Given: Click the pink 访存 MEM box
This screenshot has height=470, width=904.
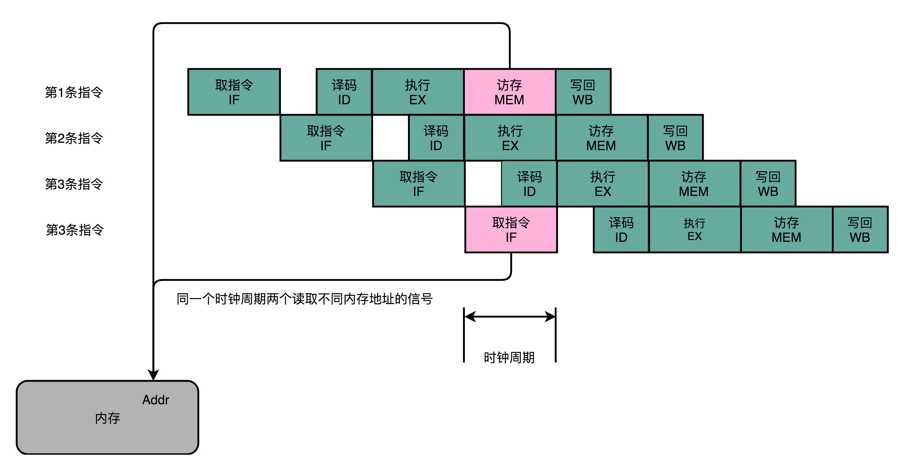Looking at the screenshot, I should point(509,92).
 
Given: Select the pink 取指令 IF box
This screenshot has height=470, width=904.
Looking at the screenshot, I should point(511,230).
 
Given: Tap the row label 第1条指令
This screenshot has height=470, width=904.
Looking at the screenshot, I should point(74,92).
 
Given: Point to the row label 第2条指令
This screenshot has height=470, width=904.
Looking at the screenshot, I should point(74,138).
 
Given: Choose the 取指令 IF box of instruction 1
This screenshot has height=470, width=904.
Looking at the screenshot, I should point(234,92).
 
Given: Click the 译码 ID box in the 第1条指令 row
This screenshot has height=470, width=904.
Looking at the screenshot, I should point(344,92).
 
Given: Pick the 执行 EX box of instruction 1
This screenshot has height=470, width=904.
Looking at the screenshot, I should point(418,92).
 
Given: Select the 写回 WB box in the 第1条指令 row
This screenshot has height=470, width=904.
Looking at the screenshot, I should point(583,92).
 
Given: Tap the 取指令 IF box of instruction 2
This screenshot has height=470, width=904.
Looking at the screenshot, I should point(326,138).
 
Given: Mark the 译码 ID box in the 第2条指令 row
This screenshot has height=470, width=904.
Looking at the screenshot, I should point(436,138).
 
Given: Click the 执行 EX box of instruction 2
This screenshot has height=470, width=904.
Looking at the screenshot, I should point(510,138).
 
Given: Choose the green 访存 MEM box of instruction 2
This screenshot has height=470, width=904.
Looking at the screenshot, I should point(602,138).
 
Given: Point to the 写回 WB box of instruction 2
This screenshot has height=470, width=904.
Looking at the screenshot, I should point(676,138).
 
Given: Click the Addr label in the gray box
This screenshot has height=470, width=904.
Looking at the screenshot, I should point(155,400).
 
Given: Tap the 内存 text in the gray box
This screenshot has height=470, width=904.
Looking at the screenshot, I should point(108,418).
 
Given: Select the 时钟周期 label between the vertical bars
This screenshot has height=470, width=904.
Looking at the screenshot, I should point(509,357).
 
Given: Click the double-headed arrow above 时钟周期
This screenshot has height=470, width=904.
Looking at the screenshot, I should point(509,316).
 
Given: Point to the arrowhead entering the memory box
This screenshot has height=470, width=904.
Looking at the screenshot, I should point(153,375).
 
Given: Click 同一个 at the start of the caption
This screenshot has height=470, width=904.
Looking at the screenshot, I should point(195,299).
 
